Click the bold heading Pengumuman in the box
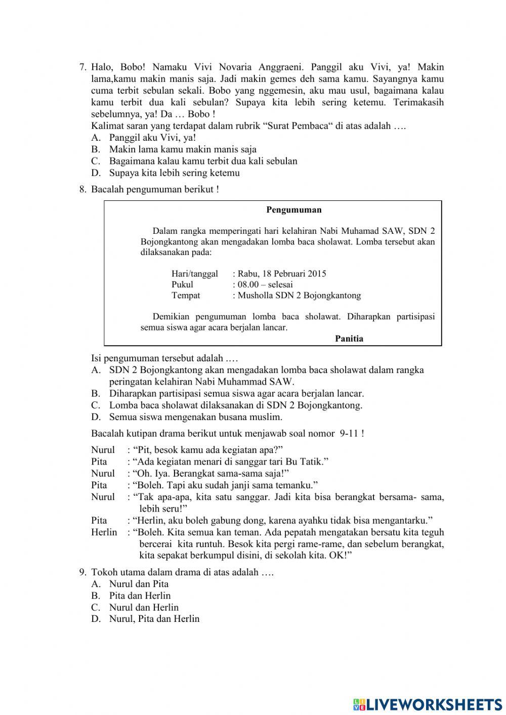(x=293, y=210)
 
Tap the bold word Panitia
(x=349, y=339)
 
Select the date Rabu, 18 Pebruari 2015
(x=282, y=274)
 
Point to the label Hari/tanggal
(x=195, y=274)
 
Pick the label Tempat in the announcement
(x=186, y=296)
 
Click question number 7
(x=83, y=67)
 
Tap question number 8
(x=83, y=189)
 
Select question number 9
(x=83, y=572)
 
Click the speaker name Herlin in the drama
(x=104, y=532)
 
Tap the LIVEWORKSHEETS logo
(x=428, y=704)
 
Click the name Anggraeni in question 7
(x=281, y=67)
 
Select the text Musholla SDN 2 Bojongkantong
(x=299, y=296)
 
